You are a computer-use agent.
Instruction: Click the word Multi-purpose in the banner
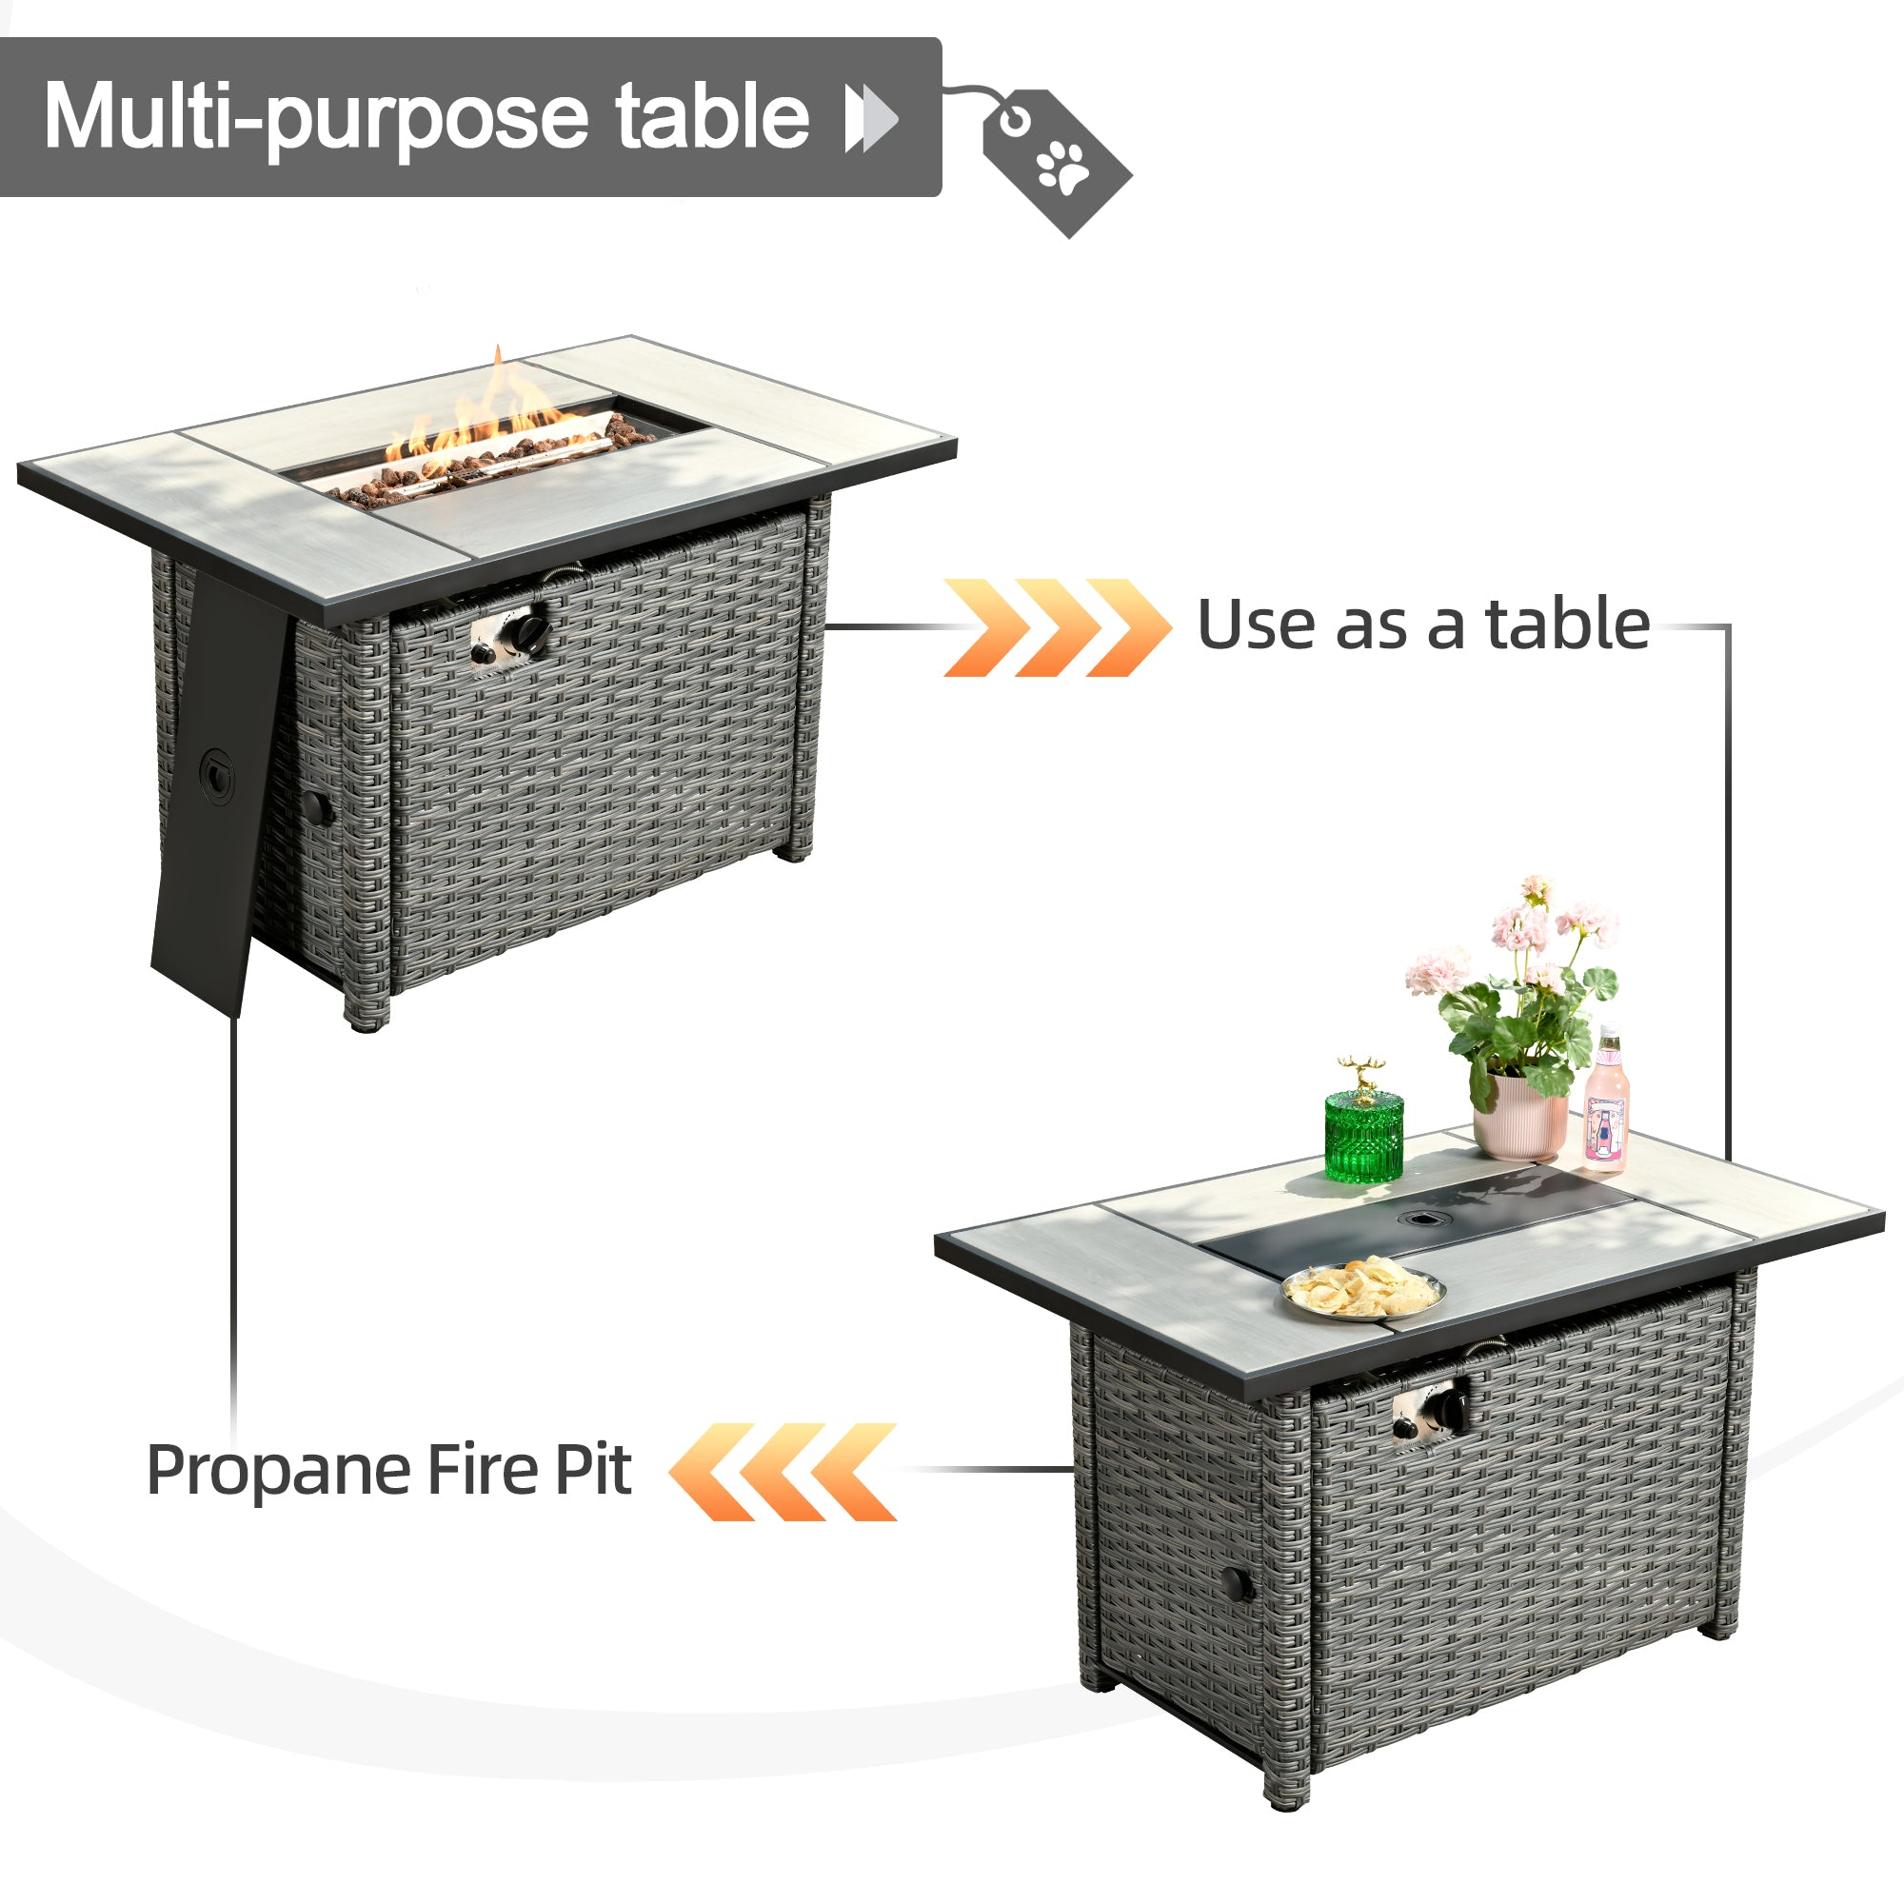point(314,118)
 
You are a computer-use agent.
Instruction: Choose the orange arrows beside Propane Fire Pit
point(783,1472)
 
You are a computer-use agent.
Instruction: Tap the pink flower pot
point(1518,1119)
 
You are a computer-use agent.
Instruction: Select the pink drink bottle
point(1605,1109)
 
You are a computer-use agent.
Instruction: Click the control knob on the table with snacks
point(1449,1410)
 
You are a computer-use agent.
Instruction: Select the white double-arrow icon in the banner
point(872,118)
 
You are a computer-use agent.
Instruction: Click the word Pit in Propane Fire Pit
point(593,1472)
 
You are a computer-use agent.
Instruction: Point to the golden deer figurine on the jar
point(1363,1074)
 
